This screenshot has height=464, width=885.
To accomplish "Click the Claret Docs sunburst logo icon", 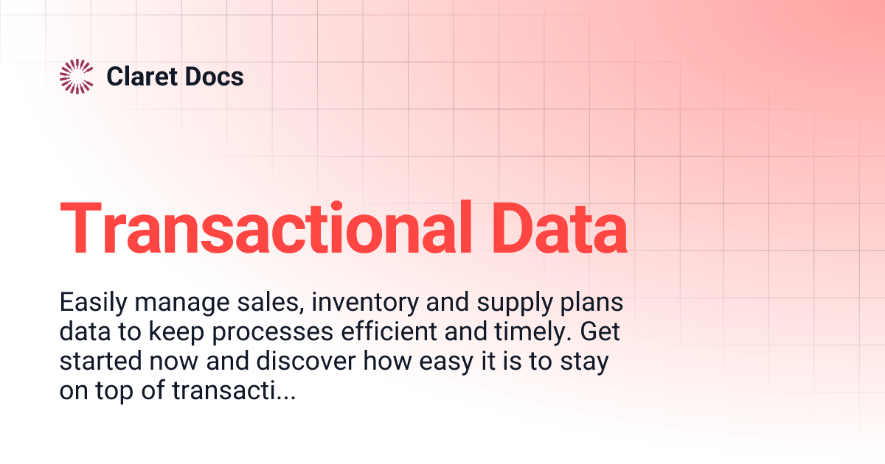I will click(x=76, y=77).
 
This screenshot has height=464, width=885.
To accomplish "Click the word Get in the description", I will click(x=600, y=333).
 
